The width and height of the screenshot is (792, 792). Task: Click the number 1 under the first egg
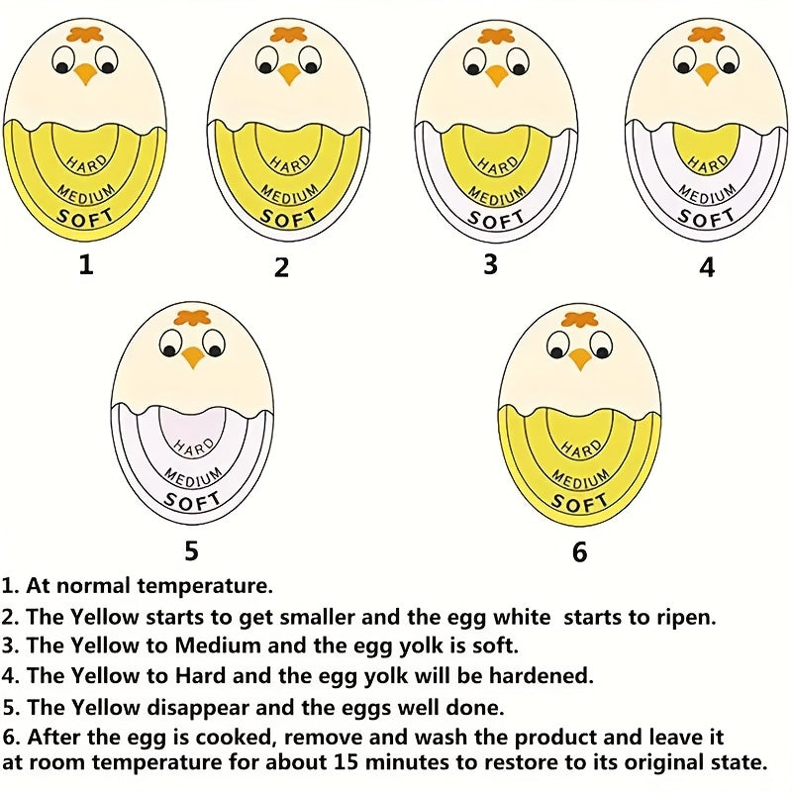[x=86, y=264]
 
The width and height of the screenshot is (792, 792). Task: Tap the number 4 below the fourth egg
[x=707, y=267]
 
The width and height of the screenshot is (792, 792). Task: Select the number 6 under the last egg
[x=579, y=551]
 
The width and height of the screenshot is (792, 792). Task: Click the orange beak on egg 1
[x=85, y=74]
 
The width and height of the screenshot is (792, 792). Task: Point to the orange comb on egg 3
[x=496, y=37]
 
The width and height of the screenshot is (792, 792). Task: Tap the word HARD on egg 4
[x=708, y=164]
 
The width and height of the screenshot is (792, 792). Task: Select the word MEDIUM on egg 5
[x=192, y=476]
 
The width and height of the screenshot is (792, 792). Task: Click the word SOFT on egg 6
[x=579, y=503]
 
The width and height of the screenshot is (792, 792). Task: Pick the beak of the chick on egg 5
[x=193, y=356]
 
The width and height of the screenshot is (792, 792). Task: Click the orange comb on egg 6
[x=580, y=319]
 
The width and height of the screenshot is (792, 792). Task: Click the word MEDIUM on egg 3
[x=496, y=193]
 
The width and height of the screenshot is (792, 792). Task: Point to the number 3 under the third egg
[x=490, y=264]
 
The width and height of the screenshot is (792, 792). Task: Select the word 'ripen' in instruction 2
[x=683, y=617]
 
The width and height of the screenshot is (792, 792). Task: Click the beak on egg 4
[x=706, y=74]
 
